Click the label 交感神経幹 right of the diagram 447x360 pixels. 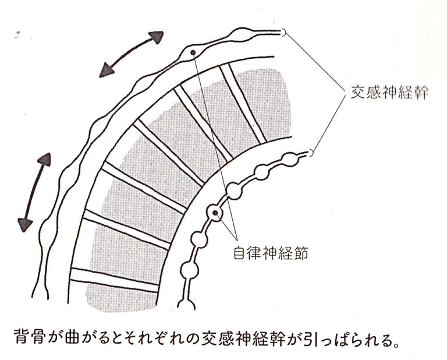coord(389,92)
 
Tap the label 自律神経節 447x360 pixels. coord(271,253)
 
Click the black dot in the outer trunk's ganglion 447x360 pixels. coord(193,52)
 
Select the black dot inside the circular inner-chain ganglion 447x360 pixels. coord(215,213)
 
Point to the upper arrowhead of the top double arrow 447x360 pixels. coord(157,37)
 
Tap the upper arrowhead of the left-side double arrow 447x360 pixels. coord(45,159)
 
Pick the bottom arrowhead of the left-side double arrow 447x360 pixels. coord(24,224)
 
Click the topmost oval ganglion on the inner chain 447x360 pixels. coord(290,159)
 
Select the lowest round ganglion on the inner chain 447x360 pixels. coord(189,270)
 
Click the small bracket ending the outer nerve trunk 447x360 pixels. coord(283,33)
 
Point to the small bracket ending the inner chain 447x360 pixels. coord(311,153)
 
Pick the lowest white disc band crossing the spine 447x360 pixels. coord(114,280)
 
